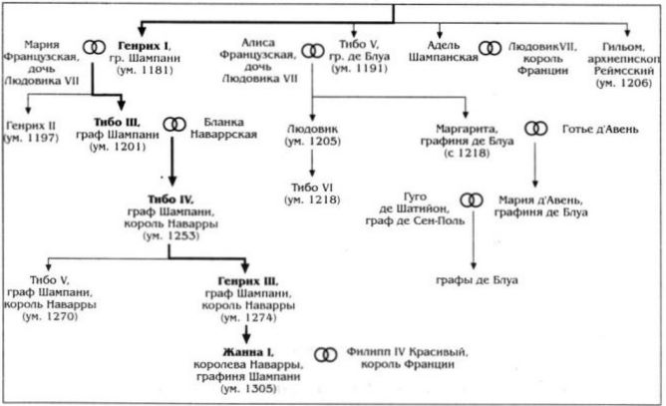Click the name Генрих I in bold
click(144, 46)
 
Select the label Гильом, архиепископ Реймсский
click(624, 65)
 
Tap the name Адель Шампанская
click(444, 51)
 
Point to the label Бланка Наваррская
click(224, 128)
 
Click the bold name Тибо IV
click(170, 199)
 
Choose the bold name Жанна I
click(248, 352)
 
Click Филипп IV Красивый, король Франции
click(408, 358)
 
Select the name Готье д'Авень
click(600, 129)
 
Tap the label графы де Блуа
click(477, 280)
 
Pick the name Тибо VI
click(312, 188)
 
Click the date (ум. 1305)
click(248, 389)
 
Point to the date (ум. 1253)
click(171, 235)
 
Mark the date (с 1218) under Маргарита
click(467, 153)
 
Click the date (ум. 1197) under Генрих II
click(31, 138)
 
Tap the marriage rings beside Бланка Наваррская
click(174, 125)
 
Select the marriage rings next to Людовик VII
click(491, 49)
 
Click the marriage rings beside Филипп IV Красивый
click(326, 354)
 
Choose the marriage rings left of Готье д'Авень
click(536, 129)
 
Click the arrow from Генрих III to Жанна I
click(246, 334)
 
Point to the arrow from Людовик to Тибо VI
click(312, 163)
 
